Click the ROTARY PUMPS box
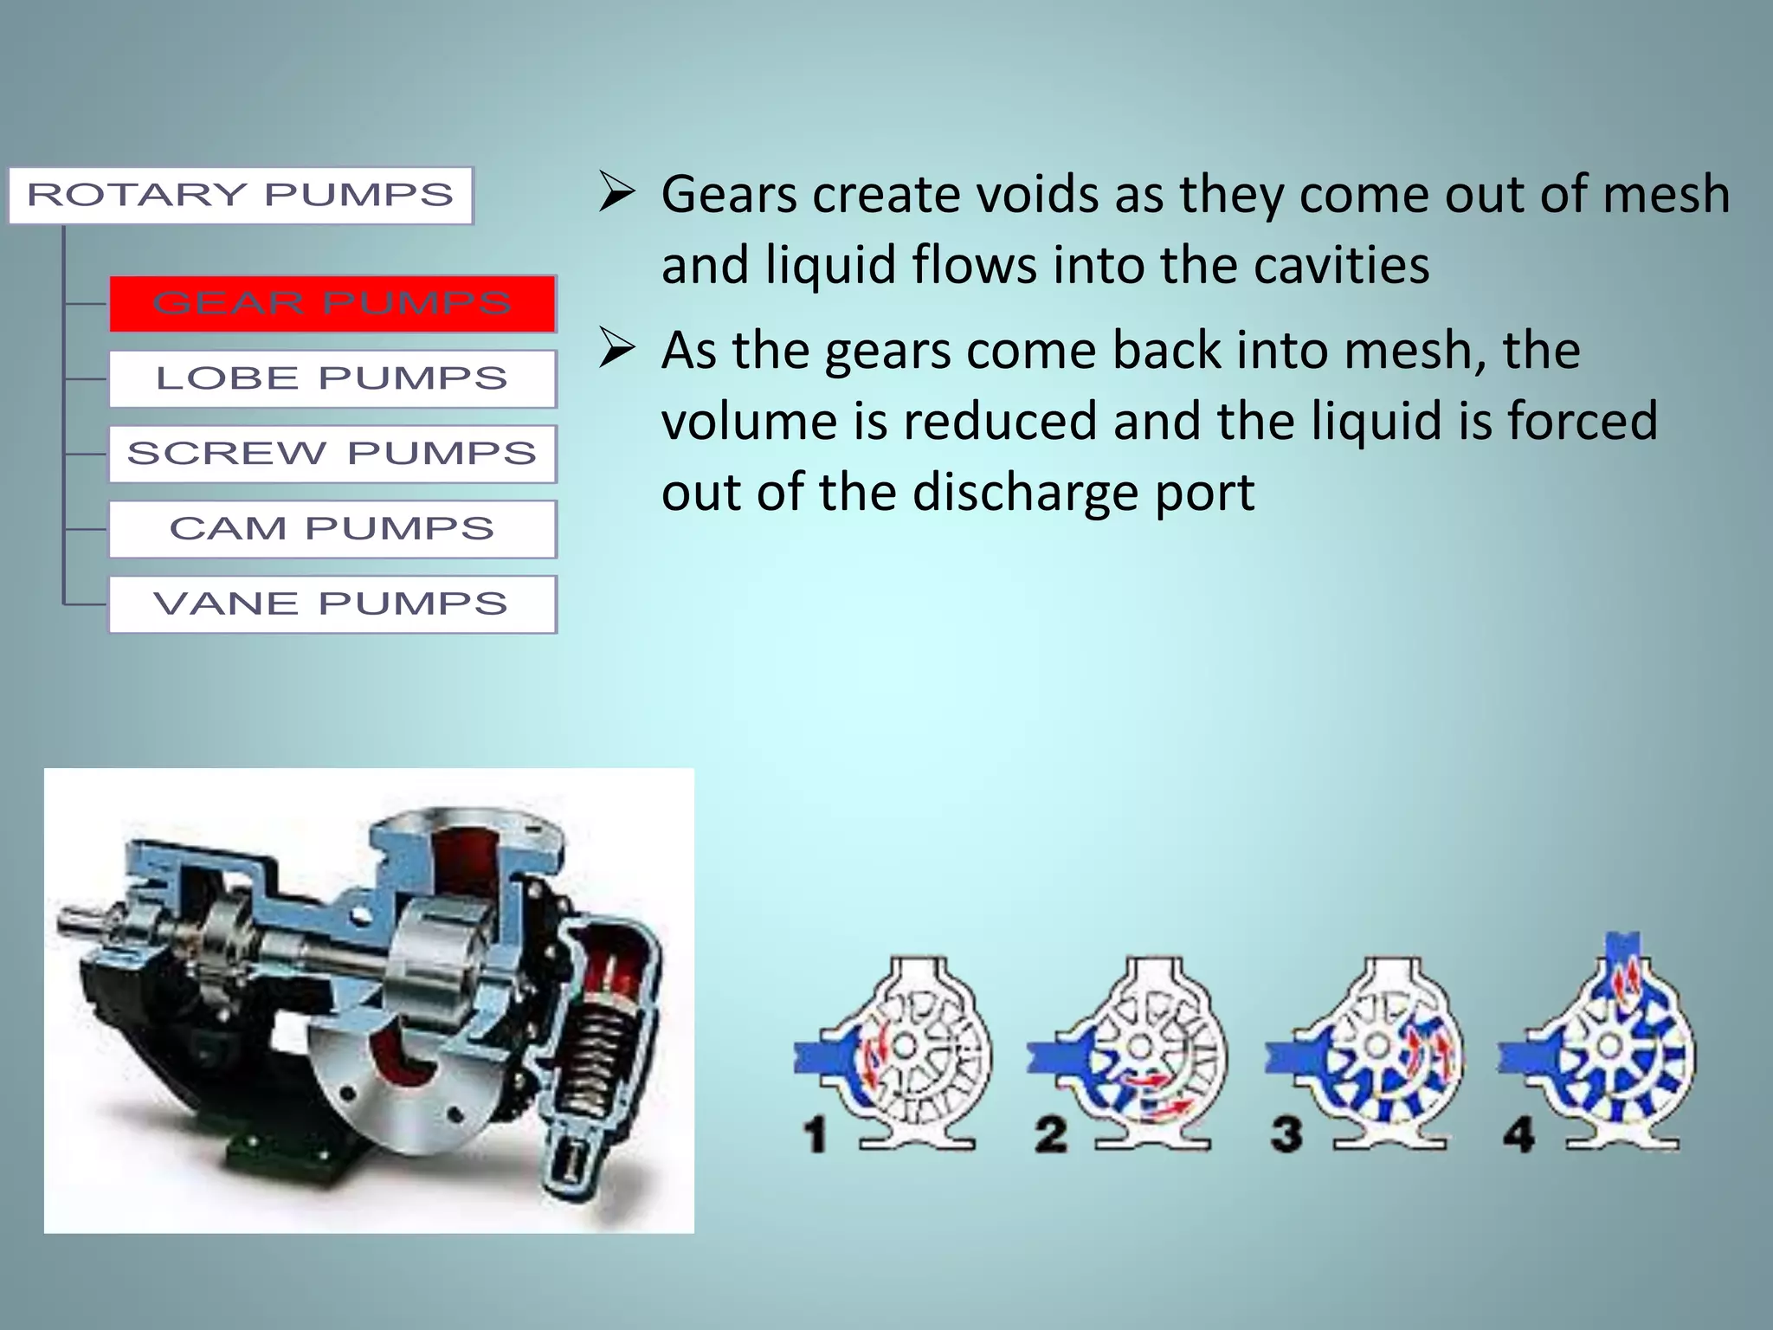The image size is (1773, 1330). point(241,196)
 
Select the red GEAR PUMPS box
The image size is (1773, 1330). point(332,304)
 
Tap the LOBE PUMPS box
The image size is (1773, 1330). point(332,378)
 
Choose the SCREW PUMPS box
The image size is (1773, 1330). point(332,454)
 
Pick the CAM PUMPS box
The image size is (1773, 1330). point(332,529)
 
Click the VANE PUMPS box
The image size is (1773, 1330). point(332,604)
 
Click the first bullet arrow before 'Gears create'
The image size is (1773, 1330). point(617,192)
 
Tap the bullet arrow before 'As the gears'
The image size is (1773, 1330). point(617,350)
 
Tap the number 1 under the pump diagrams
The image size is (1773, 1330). point(815,1134)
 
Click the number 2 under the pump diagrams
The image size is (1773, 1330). point(1051,1134)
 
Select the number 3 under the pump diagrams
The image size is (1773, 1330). point(1286,1134)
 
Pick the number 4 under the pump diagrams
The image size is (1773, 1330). point(1519,1134)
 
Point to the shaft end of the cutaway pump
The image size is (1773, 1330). point(74,923)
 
